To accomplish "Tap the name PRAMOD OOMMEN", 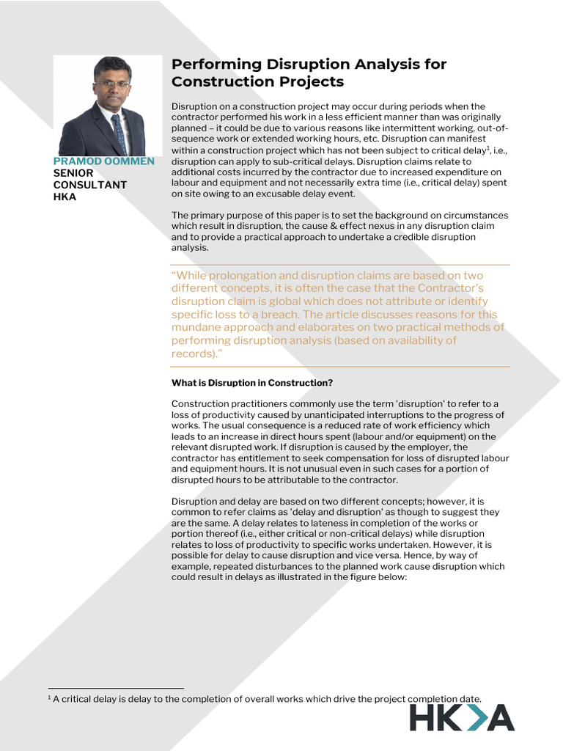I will click(x=103, y=161).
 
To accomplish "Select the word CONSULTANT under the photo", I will click(x=90, y=185).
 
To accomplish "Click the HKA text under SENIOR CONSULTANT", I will click(x=65, y=197).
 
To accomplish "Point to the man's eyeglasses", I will click(x=112, y=84).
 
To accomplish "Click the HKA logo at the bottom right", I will click(x=461, y=717).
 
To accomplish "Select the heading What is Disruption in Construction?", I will click(x=252, y=383).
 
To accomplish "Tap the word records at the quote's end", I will click(x=192, y=353).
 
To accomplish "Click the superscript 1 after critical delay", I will click(x=488, y=148).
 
